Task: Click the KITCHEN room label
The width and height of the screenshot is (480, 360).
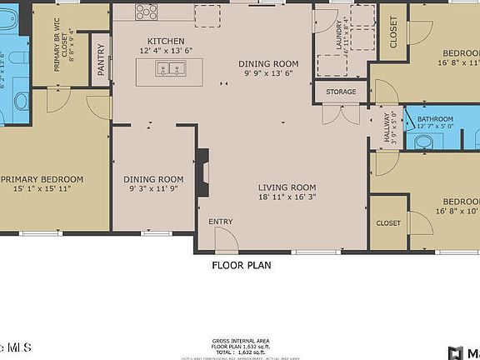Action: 166,41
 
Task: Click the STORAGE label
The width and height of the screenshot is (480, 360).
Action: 341,92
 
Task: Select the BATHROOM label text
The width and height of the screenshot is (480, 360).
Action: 435,119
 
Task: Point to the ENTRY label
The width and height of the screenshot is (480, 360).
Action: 221,222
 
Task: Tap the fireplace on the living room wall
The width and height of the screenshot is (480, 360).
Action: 202,171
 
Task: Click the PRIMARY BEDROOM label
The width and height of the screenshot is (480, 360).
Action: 42,179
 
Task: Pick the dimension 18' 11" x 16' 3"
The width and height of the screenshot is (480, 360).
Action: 286,197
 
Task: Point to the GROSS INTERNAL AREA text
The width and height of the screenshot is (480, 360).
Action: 240,342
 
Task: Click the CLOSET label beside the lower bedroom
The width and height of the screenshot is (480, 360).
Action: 388,223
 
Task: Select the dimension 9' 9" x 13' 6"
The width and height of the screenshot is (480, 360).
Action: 267,74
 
